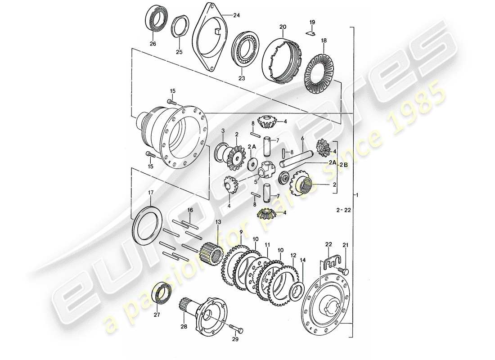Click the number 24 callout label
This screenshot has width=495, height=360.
(237, 15)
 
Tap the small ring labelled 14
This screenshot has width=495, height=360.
(297, 291)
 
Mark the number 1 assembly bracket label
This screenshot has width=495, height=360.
(357, 196)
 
